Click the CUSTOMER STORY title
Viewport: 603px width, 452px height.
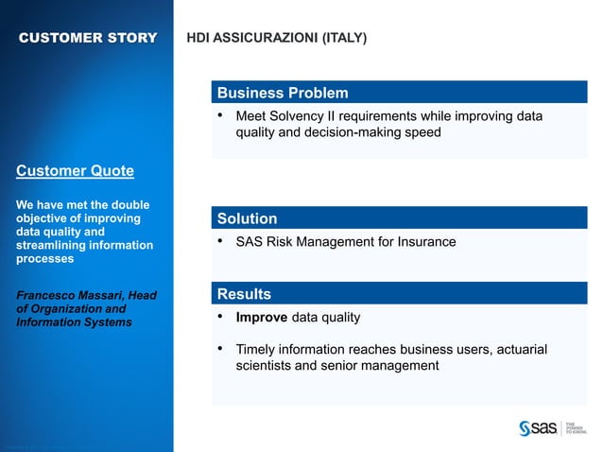pyautogui.click(x=88, y=38)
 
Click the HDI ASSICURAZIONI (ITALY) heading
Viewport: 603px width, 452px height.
pyautogui.click(x=277, y=39)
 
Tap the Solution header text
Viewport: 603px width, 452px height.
pyautogui.click(x=247, y=218)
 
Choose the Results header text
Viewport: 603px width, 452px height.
pyautogui.click(x=244, y=294)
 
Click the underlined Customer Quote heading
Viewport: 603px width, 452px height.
pyautogui.click(x=75, y=171)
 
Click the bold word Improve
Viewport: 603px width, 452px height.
pyautogui.click(x=261, y=318)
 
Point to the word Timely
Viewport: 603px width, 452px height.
pyautogui.click(x=256, y=350)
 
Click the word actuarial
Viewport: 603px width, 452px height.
pyautogui.click(x=518, y=350)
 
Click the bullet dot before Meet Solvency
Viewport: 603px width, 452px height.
pyautogui.click(x=220, y=116)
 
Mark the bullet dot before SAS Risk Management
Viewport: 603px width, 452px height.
pyautogui.click(x=220, y=242)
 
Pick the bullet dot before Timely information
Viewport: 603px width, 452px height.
pyautogui.click(x=220, y=350)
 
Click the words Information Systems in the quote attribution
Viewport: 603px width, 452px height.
pyautogui.click(x=75, y=322)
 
